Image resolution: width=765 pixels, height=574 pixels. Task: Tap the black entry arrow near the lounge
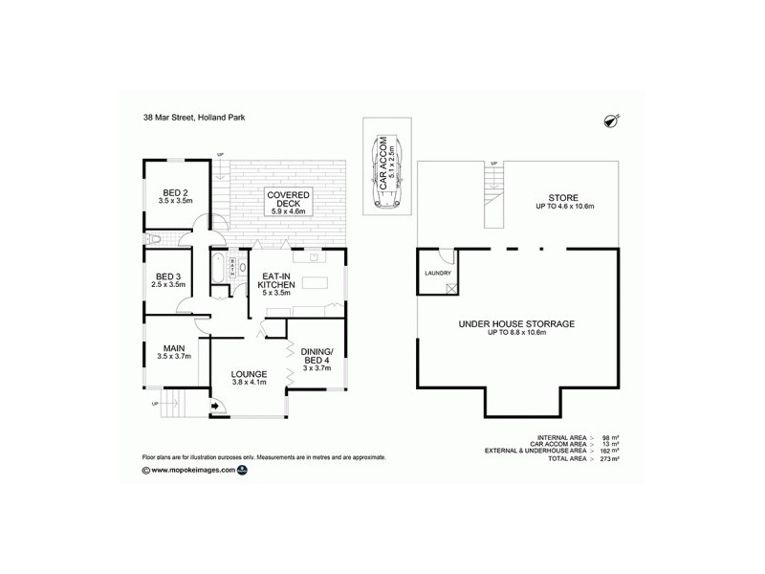pos(215,407)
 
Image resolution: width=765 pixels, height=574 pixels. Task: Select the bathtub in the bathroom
pos(217,269)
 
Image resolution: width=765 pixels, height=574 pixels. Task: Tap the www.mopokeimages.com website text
pos(192,470)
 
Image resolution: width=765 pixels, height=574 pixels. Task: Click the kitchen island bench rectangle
pos(315,284)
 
